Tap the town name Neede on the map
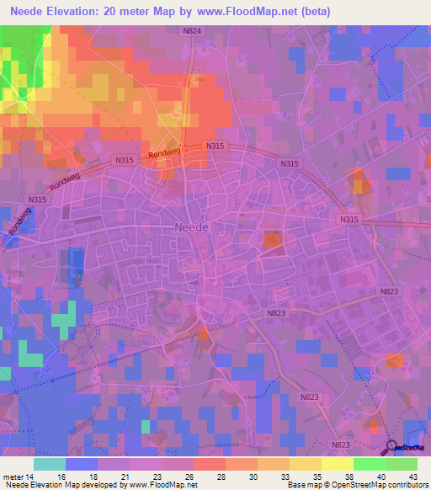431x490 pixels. point(191,227)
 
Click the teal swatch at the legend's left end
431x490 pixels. point(50,463)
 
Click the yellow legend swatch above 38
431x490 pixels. point(337,463)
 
